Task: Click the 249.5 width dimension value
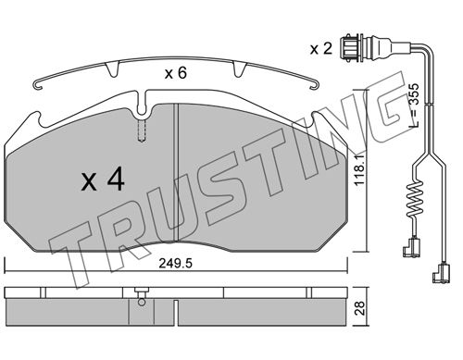pos(176,264)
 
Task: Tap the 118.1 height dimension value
pos(360,170)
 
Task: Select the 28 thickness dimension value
pos(360,308)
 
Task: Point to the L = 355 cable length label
pos(414,106)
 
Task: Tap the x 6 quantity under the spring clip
pos(176,73)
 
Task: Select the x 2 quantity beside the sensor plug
pos(321,49)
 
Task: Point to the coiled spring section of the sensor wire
pos(415,199)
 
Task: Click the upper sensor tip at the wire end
pos(411,249)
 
